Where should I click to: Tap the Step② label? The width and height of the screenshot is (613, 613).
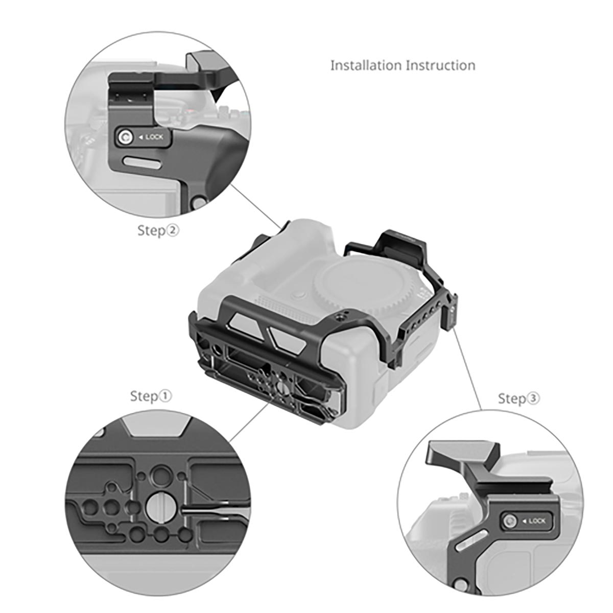point(158,230)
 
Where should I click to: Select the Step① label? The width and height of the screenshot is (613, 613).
point(151,396)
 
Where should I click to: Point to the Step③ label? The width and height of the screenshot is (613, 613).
point(518,398)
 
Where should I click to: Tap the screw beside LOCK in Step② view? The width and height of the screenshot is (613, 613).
point(125,137)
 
